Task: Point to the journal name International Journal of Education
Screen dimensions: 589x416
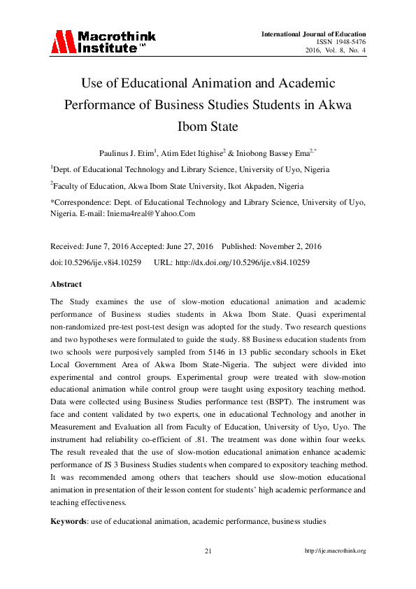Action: (314, 34)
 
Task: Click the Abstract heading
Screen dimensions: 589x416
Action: (66, 285)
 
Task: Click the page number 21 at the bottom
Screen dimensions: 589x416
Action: (208, 551)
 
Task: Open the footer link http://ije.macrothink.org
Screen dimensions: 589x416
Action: (336, 551)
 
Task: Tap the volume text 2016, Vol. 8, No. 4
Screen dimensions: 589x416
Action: (336, 50)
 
